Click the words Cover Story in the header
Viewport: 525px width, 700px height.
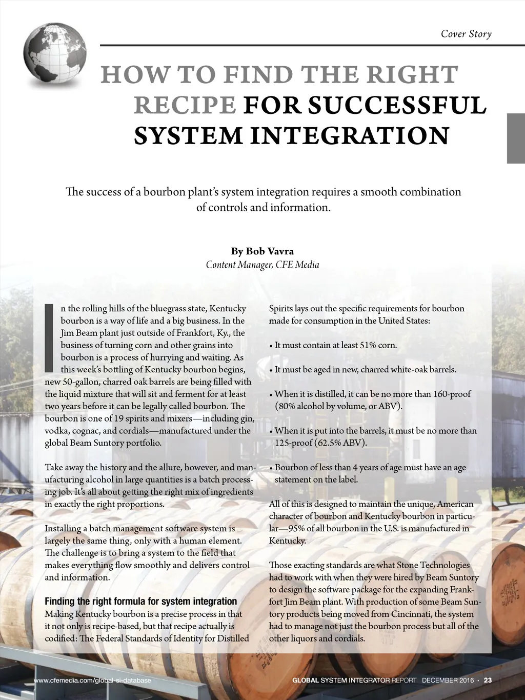(x=466, y=34)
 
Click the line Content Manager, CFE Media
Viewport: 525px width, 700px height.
(x=262, y=265)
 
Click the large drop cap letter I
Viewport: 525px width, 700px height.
(x=50, y=337)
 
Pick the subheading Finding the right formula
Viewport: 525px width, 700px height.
(x=141, y=601)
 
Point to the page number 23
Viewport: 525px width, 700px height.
(x=488, y=681)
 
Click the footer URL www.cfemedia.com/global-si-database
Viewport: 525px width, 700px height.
(x=92, y=681)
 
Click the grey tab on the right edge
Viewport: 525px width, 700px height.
(x=516, y=138)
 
